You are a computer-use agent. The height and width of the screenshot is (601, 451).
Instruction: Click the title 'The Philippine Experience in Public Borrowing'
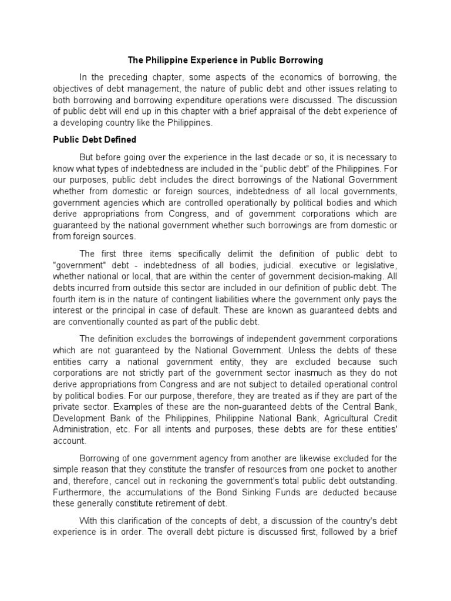(x=225, y=60)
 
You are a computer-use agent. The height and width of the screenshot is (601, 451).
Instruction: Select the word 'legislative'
(x=376, y=264)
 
